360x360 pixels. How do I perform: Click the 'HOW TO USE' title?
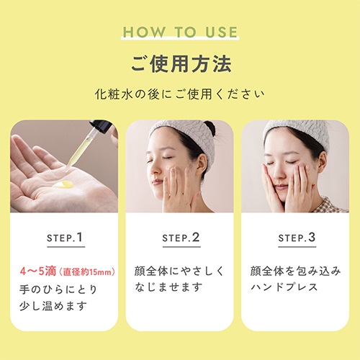click(x=180, y=32)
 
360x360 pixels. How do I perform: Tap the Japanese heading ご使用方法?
click(x=181, y=64)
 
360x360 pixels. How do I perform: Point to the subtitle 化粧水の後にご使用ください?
click(x=179, y=94)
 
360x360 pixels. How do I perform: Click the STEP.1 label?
click(x=65, y=238)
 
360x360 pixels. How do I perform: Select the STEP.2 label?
click(x=181, y=238)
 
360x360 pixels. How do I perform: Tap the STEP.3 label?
click(x=297, y=238)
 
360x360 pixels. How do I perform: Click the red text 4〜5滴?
click(x=38, y=271)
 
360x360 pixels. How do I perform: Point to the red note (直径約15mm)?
click(x=87, y=272)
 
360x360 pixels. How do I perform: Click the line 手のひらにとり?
click(x=58, y=289)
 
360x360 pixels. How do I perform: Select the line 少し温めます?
click(x=53, y=306)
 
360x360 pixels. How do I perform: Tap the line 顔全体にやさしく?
click(x=179, y=271)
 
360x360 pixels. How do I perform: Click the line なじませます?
click(x=168, y=287)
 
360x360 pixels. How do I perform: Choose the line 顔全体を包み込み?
click(x=295, y=271)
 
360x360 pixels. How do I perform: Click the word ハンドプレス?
click(x=284, y=287)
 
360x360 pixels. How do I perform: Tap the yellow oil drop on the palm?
click(x=63, y=184)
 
